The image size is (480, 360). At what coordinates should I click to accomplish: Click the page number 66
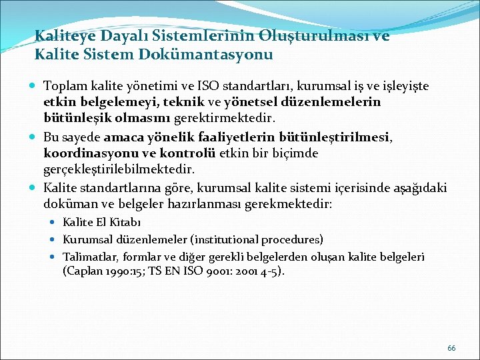pyautogui.click(x=451, y=348)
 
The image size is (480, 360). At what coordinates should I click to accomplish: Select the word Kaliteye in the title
pyautogui.click(x=65, y=35)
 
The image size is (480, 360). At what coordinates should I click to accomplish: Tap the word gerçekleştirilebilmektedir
pyautogui.click(x=119, y=169)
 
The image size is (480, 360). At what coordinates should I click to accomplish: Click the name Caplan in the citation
pyautogui.click(x=84, y=271)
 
